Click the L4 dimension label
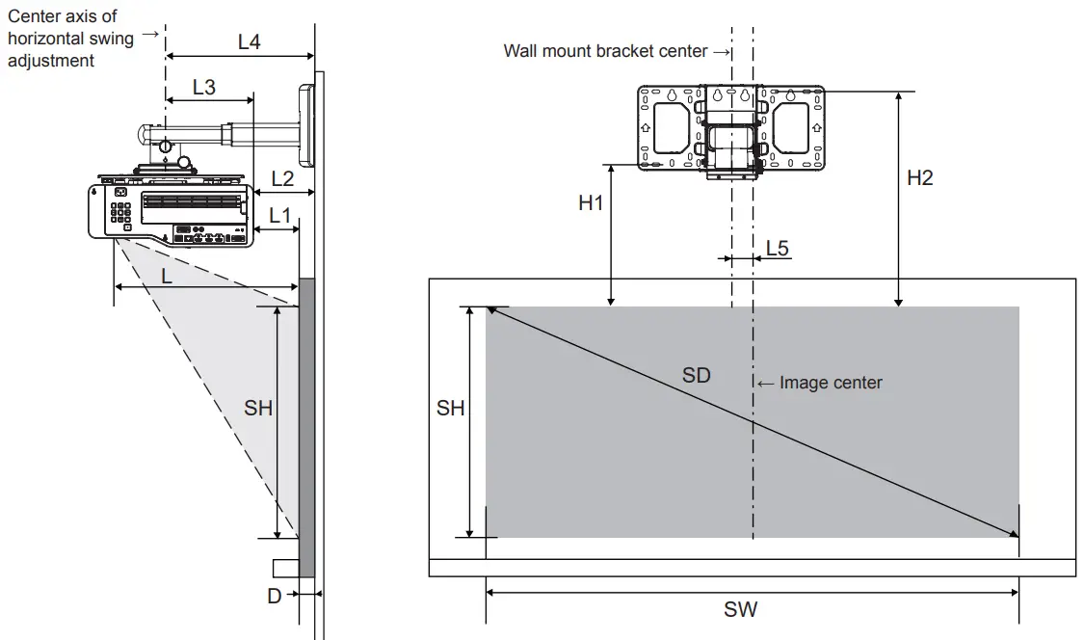click(x=249, y=41)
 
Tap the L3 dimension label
click(x=204, y=87)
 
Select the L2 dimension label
click(x=282, y=178)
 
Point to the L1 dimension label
click(x=280, y=215)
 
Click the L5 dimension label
click(x=778, y=248)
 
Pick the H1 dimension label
click(x=591, y=202)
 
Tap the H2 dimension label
click(x=920, y=177)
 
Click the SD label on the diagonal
click(x=696, y=375)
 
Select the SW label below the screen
click(x=741, y=609)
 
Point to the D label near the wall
click(x=275, y=596)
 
